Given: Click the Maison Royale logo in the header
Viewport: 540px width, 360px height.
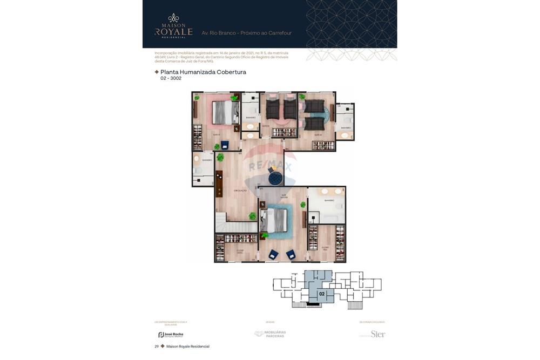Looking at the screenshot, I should (x=173, y=26).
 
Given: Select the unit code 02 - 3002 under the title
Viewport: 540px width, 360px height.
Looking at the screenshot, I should (x=171, y=78).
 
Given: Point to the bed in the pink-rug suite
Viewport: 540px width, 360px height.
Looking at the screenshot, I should (x=225, y=113).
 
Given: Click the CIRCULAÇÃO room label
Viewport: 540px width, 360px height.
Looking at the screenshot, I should (x=240, y=191).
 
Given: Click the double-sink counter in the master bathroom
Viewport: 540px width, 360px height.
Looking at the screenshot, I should (x=332, y=191).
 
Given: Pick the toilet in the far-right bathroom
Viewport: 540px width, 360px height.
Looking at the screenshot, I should (x=348, y=120).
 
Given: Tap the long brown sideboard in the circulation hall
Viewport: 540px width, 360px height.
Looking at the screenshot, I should (x=219, y=184).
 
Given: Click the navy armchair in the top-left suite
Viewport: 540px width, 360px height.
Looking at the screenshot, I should (x=225, y=145).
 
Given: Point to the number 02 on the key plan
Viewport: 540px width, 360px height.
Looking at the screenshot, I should (x=322, y=294).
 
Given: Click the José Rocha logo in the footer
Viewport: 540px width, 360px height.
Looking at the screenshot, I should (x=171, y=335).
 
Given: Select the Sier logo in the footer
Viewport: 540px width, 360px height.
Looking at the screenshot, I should (x=377, y=334).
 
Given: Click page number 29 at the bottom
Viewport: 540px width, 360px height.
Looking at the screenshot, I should (x=157, y=347).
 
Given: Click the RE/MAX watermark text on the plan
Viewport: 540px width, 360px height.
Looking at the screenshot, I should (x=270, y=166).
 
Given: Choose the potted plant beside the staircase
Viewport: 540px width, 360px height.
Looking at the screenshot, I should (x=252, y=216).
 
